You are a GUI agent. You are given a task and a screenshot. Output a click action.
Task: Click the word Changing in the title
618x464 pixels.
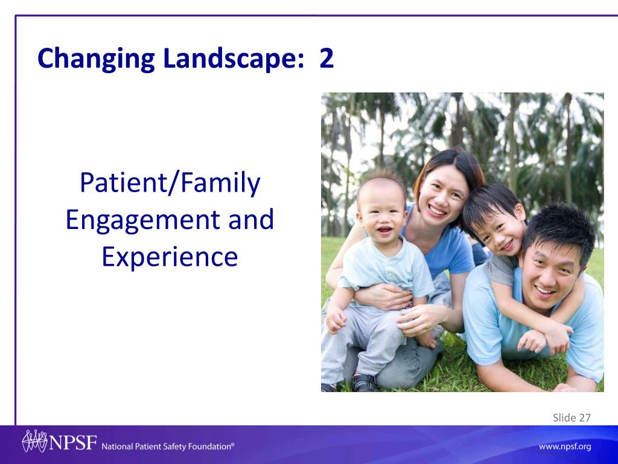[x=96, y=59]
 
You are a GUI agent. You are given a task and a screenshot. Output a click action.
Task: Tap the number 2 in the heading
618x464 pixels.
[x=327, y=59]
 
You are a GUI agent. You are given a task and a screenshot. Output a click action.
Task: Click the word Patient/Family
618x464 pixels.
[x=170, y=183]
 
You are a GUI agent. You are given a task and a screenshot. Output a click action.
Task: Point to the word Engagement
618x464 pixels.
[x=142, y=221]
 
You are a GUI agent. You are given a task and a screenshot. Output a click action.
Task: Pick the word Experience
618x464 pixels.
[x=170, y=257]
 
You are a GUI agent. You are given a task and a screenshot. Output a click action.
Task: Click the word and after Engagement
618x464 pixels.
[x=251, y=219]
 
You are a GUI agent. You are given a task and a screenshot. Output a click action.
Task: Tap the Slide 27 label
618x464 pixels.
[x=572, y=417]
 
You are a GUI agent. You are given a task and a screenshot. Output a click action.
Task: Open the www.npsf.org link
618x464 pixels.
[x=565, y=446]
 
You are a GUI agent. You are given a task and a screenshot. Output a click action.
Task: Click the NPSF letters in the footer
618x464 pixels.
[x=72, y=442]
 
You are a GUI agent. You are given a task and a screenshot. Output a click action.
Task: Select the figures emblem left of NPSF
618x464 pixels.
[x=34, y=440]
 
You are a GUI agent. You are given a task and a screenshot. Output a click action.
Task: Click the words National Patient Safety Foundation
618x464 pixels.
[x=168, y=446]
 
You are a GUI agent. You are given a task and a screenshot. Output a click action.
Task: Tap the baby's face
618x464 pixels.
[x=381, y=215]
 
